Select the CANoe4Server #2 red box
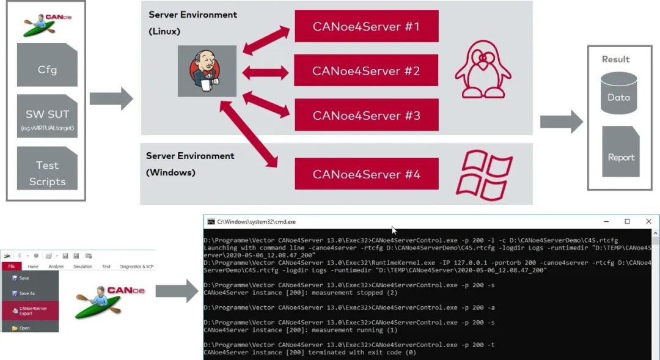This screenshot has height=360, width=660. click(x=366, y=71)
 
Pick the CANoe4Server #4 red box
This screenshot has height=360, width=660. click(x=366, y=174)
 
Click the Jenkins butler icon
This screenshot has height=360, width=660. click(x=207, y=71)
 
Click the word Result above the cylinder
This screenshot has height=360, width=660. click(x=615, y=59)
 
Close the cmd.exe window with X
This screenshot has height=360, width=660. click(x=648, y=221)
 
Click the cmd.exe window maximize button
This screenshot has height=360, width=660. click(x=627, y=221)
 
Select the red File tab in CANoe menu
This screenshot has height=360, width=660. click(x=11, y=266)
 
